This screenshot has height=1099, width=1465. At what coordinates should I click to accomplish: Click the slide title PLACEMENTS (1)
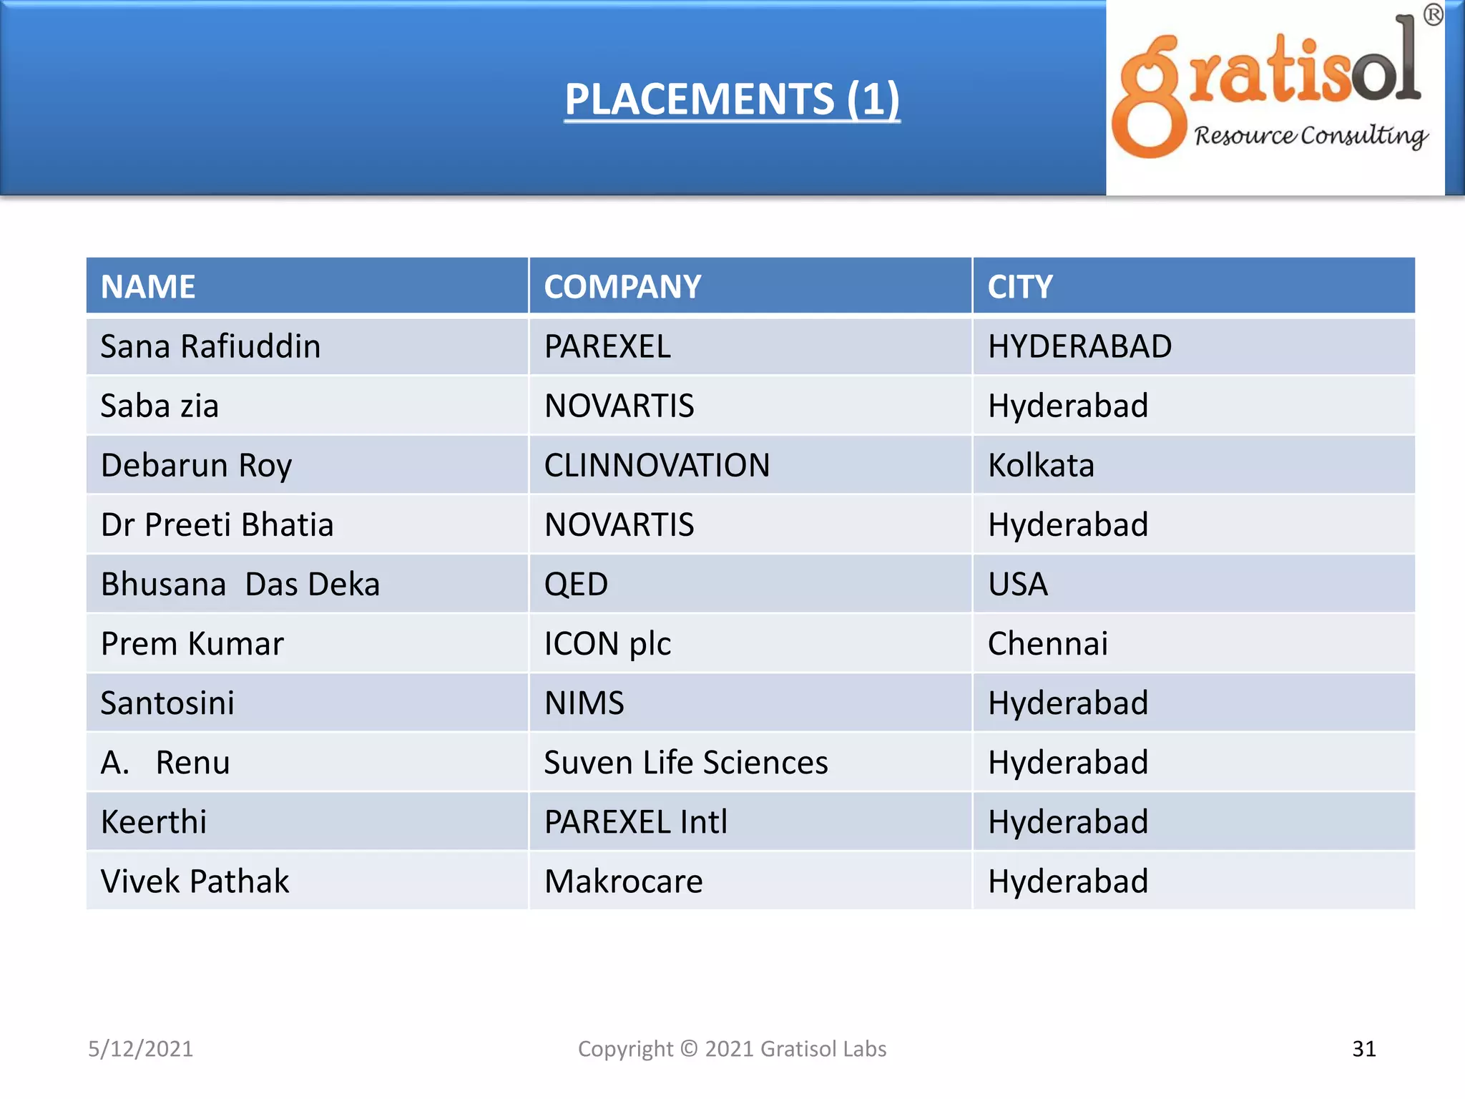click(732, 99)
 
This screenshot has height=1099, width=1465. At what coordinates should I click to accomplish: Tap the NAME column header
click(148, 287)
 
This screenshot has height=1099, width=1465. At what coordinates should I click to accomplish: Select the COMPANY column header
click(622, 287)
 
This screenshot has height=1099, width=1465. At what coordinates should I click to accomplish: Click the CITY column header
click(1020, 287)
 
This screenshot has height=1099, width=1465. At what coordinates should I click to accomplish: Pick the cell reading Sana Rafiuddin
click(210, 347)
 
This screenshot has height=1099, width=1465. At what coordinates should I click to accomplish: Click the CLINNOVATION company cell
click(657, 466)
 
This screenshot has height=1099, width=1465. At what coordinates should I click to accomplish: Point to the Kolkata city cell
click(1041, 466)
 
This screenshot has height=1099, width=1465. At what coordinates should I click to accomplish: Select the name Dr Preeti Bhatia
click(217, 525)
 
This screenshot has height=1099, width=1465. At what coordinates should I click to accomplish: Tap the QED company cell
click(576, 585)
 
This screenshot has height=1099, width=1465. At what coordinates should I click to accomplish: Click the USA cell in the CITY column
click(1018, 585)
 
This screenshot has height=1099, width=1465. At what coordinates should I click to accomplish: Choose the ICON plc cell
click(607, 644)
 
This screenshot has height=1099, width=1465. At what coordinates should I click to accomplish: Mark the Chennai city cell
click(1048, 644)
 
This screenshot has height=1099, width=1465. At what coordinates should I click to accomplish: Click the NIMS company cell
click(584, 703)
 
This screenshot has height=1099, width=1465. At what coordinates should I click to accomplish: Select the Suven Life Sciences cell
click(685, 763)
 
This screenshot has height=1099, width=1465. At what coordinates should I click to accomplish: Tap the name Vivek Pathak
click(195, 881)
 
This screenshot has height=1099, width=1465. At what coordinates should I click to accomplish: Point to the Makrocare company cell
click(623, 881)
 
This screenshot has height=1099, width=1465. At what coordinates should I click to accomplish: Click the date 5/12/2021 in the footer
click(140, 1049)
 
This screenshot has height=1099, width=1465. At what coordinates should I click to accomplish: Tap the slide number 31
click(1364, 1049)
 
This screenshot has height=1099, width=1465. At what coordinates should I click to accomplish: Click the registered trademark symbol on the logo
click(1433, 15)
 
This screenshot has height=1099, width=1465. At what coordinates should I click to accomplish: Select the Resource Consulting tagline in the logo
click(1310, 135)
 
